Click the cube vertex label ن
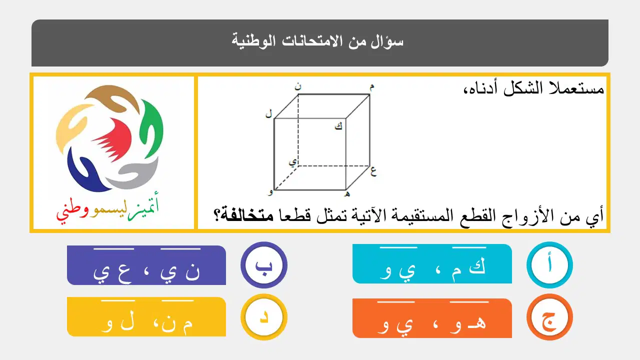(x=298, y=86)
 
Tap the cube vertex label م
(x=371, y=87)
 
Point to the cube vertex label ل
(x=268, y=114)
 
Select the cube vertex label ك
(x=338, y=126)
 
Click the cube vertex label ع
(x=373, y=171)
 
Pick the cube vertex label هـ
(x=347, y=194)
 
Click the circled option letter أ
(x=549, y=265)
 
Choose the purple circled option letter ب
(x=263, y=265)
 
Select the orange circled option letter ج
(x=549, y=317)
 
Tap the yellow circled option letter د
(x=263, y=317)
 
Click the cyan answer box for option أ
(x=432, y=263)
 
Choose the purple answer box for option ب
(x=146, y=265)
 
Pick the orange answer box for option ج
(x=432, y=318)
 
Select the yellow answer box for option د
(x=146, y=317)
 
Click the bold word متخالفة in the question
(x=249, y=215)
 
